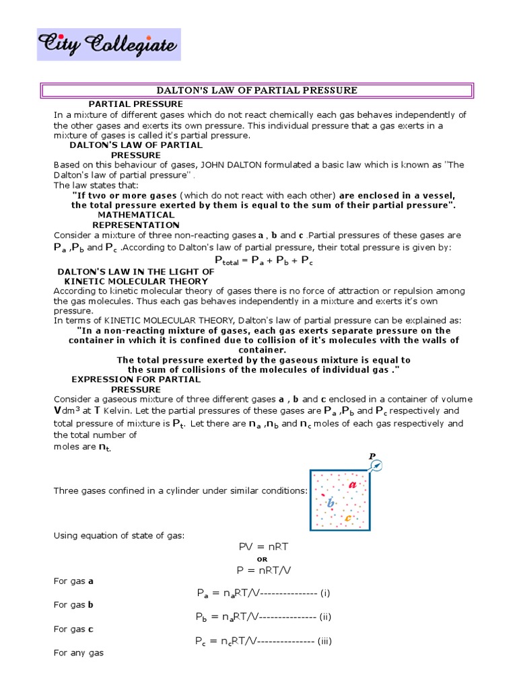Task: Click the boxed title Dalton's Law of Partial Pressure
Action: click(258, 90)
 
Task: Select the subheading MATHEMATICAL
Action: click(136, 215)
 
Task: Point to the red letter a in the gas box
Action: click(352, 484)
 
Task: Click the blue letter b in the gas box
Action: click(331, 503)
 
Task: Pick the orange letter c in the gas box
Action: click(347, 518)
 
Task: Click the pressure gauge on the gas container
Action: click(378, 466)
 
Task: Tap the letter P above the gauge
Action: click(371, 456)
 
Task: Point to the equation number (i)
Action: click(325, 593)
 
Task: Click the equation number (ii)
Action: click(326, 616)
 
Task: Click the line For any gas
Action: click(78, 653)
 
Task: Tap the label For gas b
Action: click(73, 605)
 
